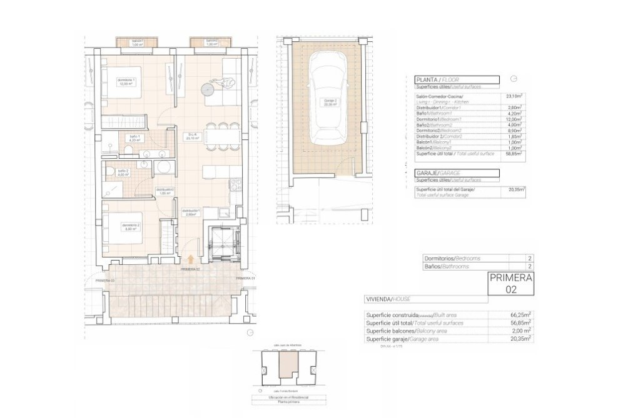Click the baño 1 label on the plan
(134, 139)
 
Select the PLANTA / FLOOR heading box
(457, 80)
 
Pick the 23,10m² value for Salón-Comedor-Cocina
(514, 96)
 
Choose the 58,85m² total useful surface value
(514, 152)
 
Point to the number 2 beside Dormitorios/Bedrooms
(529, 257)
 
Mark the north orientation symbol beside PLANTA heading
(514, 79)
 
